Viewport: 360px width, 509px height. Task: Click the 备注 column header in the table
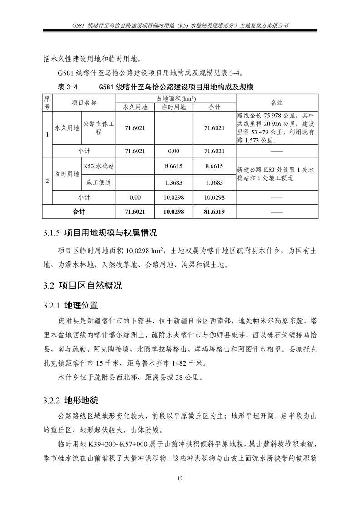pos(277,103)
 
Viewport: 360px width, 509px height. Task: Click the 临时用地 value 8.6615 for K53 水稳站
pos(174,166)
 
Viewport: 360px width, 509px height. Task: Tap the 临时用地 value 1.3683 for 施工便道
pos(174,182)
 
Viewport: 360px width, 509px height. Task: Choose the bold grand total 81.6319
pos(214,211)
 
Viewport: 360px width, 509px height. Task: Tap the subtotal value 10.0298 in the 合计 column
pos(214,197)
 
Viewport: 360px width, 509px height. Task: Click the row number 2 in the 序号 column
pos(47,181)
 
